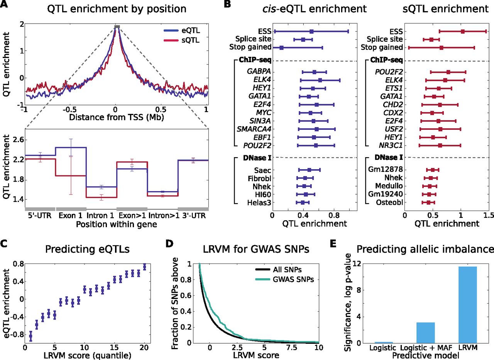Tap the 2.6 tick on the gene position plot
pos(18,139)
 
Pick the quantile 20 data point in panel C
pos(144,267)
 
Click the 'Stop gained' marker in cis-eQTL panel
pos(281,48)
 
